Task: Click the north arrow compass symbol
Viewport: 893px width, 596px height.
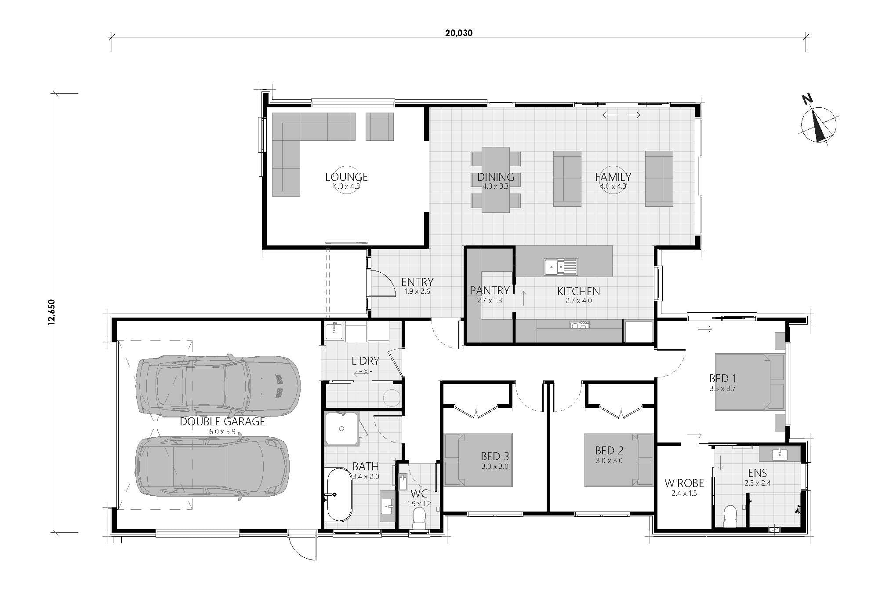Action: coord(818,125)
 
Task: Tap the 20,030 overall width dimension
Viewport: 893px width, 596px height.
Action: coord(458,33)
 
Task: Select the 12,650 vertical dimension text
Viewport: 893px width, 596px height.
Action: coord(52,312)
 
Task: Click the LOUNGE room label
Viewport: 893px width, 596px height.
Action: coord(346,177)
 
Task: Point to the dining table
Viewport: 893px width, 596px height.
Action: coord(495,179)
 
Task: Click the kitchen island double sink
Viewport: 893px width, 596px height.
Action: coord(560,267)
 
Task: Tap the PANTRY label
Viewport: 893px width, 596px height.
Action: coord(489,290)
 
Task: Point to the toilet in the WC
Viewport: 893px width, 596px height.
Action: coord(419,519)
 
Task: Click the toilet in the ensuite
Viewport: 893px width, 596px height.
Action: coord(730,516)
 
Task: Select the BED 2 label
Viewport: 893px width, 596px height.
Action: coord(609,450)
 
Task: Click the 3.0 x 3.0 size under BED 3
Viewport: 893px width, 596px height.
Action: coord(494,466)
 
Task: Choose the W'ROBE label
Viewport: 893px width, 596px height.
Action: coord(684,483)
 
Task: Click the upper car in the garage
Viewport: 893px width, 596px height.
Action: coord(218,386)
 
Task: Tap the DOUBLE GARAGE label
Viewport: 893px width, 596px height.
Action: coord(222,421)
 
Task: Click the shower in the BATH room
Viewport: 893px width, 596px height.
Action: coord(341,428)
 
